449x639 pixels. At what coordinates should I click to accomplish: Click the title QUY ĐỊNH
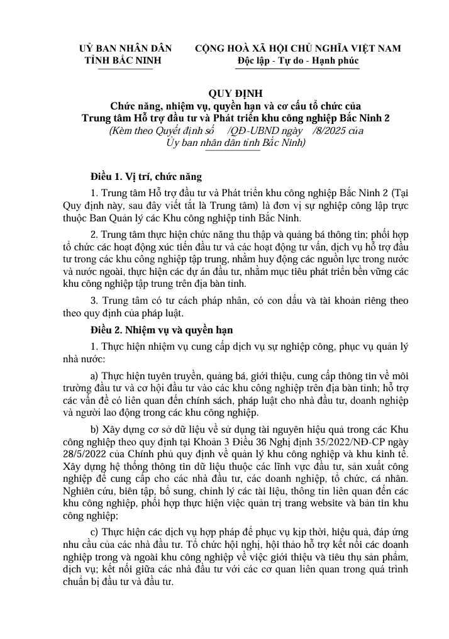(x=235, y=91)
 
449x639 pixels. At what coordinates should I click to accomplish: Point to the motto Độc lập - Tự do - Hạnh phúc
(x=298, y=60)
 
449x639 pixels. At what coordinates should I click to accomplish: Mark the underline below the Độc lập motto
(x=298, y=69)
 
